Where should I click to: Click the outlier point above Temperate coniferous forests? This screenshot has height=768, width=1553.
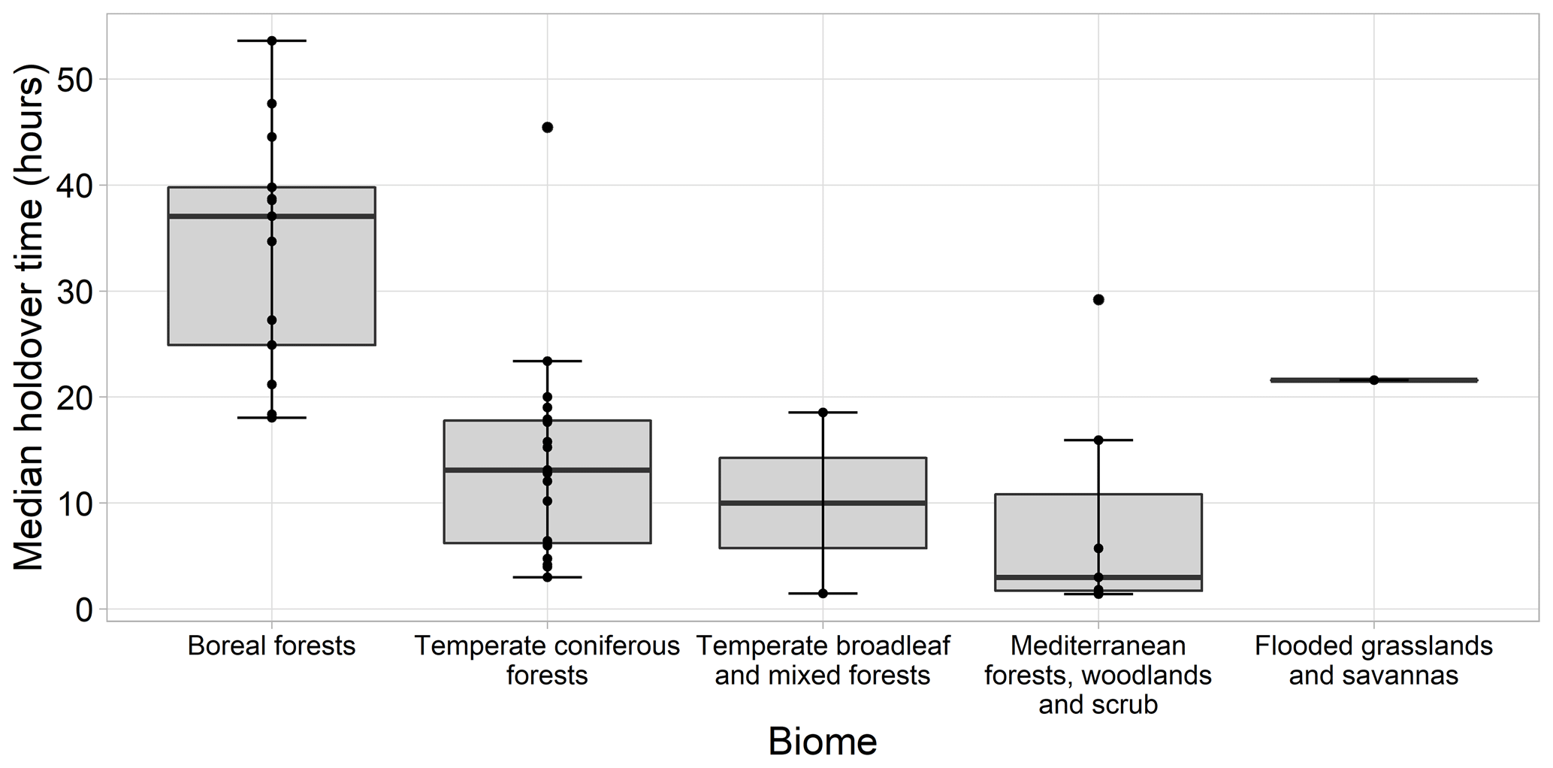pyautogui.click(x=547, y=127)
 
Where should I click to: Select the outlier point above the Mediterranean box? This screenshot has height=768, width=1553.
pyautogui.click(x=1098, y=300)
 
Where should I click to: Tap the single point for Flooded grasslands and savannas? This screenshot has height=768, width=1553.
pyautogui.click(x=1373, y=380)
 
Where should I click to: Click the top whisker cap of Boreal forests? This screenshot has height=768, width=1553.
pyautogui.click(x=271, y=41)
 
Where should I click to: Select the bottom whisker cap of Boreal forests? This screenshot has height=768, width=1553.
pyautogui.click(x=271, y=418)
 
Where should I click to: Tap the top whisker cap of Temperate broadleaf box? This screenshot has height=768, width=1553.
pyautogui.click(x=823, y=413)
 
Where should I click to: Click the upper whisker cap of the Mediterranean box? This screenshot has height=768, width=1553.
pyautogui.click(x=1098, y=440)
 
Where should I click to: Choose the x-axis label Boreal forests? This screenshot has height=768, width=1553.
pyautogui.click(x=271, y=646)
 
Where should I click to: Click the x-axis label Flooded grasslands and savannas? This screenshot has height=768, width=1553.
pyautogui.click(x=1373, y=661)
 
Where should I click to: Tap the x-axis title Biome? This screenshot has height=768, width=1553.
pyautogui.click(x=822, y=742)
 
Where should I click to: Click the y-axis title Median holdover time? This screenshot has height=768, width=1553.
pyautogui.click(x=30, y=316)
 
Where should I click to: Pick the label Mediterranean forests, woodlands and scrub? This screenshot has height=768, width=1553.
pyautogui.click(x=1098, y=675)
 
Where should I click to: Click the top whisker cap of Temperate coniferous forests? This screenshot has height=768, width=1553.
pyautogui.click(x=547, y=361)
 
